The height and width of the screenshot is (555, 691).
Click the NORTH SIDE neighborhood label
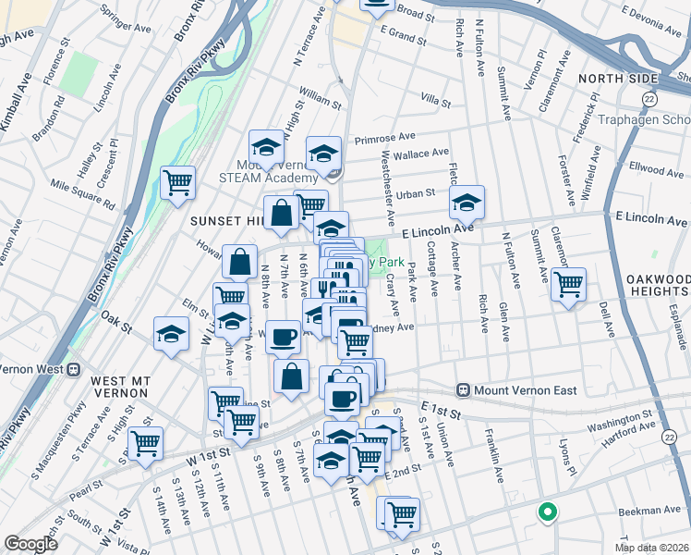(618, 79)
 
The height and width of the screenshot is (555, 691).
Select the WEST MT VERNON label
(127, 380)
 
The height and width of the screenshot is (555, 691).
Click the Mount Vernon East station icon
(464, 391)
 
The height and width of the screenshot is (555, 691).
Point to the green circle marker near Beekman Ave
(547, 510)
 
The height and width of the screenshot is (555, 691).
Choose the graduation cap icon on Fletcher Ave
(467, 201)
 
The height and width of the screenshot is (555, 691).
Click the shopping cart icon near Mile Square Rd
(177, 181)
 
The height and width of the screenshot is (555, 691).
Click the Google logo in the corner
(30, 544)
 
